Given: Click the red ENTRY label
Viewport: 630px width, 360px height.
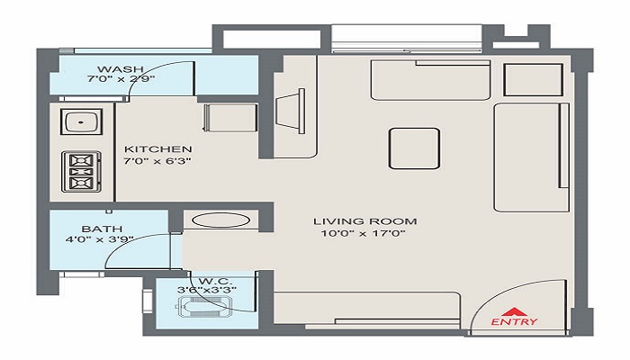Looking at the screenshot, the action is point(514,321).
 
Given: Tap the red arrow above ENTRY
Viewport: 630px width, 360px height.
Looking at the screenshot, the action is point(514,311).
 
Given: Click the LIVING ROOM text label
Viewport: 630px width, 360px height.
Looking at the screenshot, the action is point(364,221).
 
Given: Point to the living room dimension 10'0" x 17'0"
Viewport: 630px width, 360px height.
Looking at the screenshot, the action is point(363,233).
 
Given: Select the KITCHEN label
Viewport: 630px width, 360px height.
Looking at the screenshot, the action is point(157,149).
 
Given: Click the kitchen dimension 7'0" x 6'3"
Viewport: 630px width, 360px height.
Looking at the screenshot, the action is point(157,161).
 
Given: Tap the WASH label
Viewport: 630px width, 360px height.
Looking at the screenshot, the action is point(120,69).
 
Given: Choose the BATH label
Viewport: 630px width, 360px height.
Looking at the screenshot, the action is point(102,229).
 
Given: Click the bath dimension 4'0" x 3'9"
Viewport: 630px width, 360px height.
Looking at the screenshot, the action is point(99,240).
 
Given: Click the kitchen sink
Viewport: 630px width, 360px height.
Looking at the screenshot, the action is point(82,121).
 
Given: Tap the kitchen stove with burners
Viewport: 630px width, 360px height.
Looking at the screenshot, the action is point(81,172).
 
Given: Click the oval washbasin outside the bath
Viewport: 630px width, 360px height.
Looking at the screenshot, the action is point(220,220).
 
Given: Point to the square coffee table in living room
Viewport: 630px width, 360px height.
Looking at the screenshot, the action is point(414,148).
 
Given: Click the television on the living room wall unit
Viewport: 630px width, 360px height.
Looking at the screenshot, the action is point(290,111).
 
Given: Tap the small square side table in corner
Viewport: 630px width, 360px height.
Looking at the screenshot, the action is point(533,79).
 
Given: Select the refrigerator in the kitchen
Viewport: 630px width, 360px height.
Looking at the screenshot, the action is point(229,117).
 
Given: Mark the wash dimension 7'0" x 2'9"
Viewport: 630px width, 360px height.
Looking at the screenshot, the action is point(121,79).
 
